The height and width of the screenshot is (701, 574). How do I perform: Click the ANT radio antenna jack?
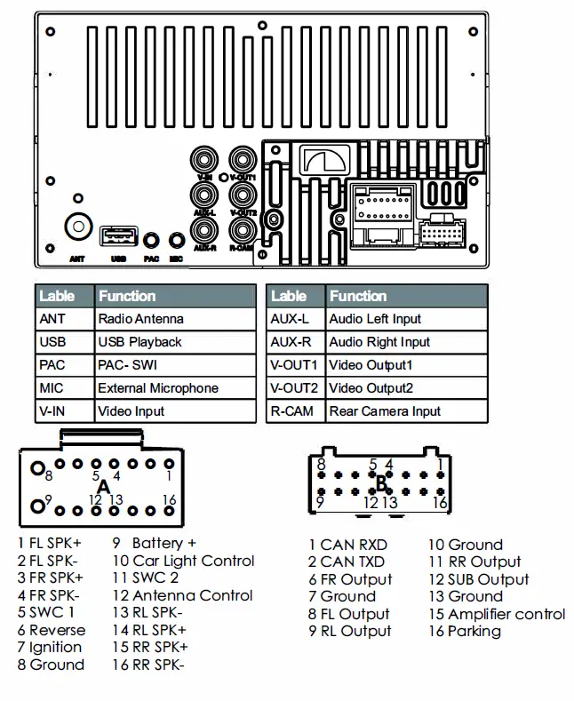(x=78, y=227)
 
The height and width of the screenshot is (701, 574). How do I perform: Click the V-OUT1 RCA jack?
(x=242, y=160)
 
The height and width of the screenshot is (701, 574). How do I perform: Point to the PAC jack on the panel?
(x=152, y=240)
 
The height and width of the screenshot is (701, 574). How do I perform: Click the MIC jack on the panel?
(x=176, y=240)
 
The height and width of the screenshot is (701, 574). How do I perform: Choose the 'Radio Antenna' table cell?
(x=140, y=319)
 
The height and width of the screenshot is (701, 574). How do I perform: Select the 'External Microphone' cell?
(x=157, y=388)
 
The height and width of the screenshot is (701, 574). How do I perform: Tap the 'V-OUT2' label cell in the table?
(x=293, y=388)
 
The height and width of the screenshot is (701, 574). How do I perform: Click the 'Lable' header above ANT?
(x=57, y=296)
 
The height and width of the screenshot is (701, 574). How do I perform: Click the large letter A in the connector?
(x=103, y=487)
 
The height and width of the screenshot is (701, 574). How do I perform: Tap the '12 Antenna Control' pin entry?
(x=181, y=595)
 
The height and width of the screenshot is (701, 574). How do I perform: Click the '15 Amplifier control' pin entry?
(x=497, y=614)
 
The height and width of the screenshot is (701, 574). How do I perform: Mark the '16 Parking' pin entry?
(x=464, y=632)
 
